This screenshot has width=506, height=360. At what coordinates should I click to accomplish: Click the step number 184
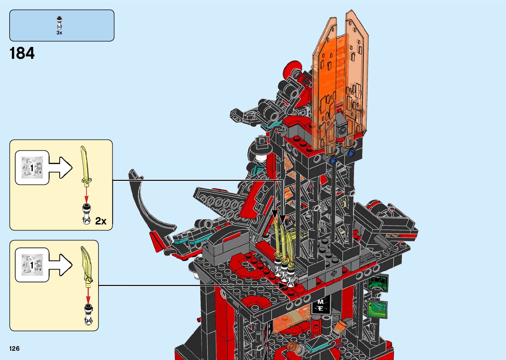(x=22, y=53)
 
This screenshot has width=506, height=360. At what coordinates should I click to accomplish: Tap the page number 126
(x=15, y=348)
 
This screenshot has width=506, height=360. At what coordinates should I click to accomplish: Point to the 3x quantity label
(x=59, y=33)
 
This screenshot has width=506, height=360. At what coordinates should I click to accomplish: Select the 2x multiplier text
(x=100, y=221)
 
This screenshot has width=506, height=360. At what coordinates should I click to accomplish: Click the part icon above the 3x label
(x=59, y=23)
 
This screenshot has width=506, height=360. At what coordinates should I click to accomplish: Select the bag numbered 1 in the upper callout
(x=32, y=168)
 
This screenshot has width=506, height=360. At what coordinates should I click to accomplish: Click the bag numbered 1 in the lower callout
(x=32, y=265)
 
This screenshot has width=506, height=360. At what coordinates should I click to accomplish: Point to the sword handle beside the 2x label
(x=87, y=214)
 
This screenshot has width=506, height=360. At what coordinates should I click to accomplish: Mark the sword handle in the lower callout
(x=88, y=314)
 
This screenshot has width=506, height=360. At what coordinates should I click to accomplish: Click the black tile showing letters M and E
(x=321, y=305)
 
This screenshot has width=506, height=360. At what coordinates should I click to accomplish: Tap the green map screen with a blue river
(x=377, y=309)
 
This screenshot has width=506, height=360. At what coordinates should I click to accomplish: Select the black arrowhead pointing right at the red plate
(x=284, y=286)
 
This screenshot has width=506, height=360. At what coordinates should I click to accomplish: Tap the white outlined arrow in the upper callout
(x=60, y=168)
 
